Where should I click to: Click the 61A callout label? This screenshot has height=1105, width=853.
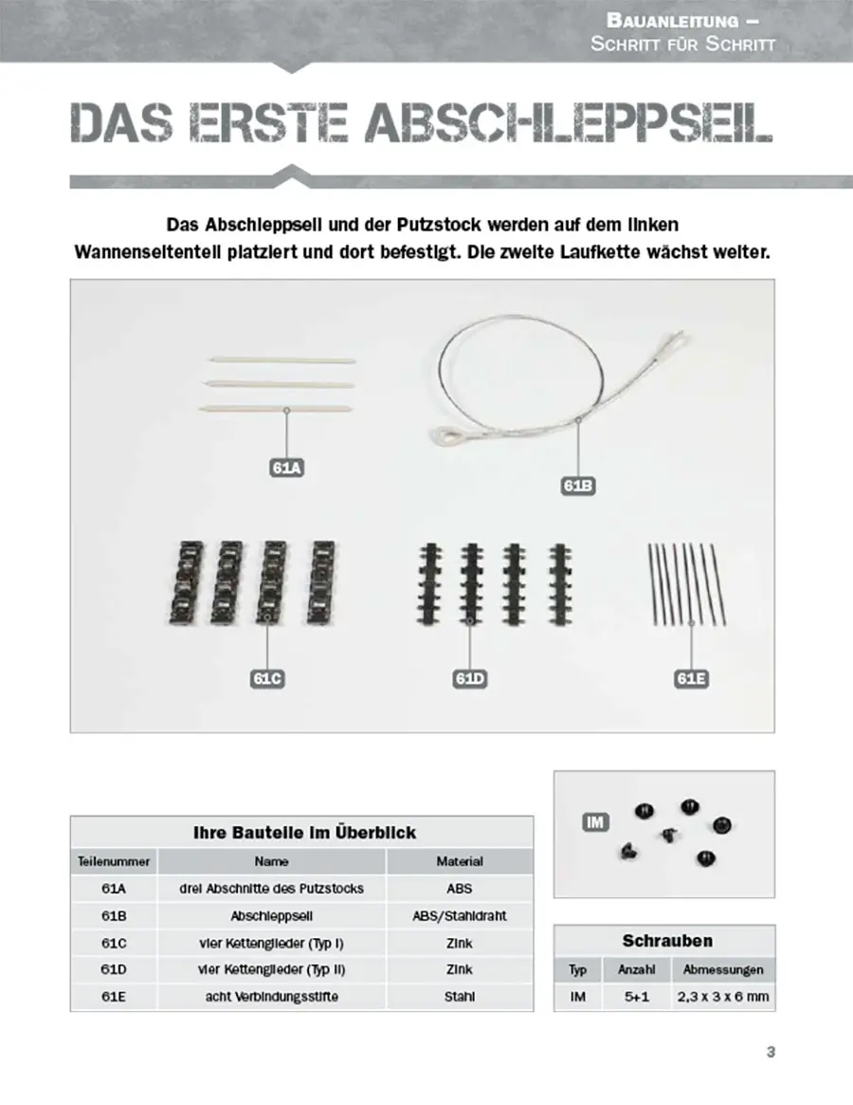(285, 468)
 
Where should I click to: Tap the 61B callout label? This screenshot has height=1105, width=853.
(578, 486)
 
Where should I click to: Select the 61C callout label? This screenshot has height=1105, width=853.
(268, 678)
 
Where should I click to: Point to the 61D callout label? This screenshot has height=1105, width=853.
(470, 678)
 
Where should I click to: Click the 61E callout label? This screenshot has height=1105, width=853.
(691, 678)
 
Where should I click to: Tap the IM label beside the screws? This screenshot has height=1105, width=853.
(594, 822)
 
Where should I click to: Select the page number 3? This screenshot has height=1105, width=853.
(771, 1051)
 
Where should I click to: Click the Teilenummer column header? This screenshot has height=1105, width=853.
(114, 861)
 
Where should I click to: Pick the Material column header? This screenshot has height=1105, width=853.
(460, 861)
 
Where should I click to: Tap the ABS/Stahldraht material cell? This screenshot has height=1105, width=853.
(460, 916)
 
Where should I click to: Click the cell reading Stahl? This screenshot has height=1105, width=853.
(460, 997)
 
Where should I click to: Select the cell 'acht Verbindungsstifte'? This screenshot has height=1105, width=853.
(272, 997)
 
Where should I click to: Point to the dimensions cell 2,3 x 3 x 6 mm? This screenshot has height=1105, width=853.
(723, 998)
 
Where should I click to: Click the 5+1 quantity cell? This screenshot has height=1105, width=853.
(637, 998)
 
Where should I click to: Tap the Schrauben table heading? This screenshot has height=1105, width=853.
(667, 941)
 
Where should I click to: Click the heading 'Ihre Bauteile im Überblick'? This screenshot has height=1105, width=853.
(304, 833)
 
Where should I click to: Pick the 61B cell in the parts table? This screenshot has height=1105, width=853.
(114, 916)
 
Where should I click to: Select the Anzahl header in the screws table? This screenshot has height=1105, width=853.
(637, 970)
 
